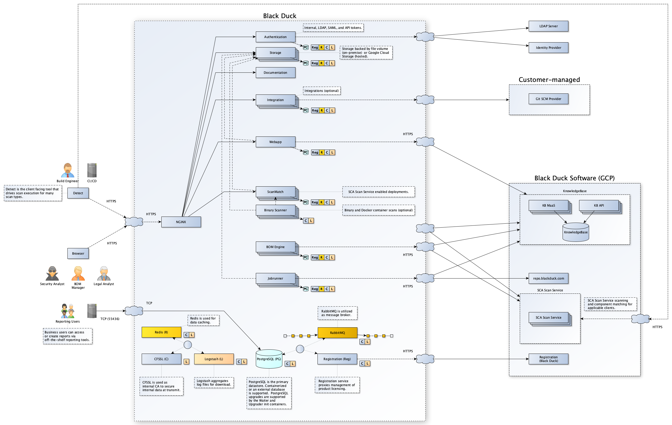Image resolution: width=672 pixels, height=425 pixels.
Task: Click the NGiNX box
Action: (x=181, y=222)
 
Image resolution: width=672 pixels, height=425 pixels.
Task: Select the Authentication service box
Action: (x=275, y=37)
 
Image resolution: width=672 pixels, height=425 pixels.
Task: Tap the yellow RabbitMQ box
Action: (x=337, y=333)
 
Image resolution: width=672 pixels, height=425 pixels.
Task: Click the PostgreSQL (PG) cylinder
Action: (x=269, y=359)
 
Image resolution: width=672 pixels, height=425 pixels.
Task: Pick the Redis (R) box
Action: (x=161, y=332)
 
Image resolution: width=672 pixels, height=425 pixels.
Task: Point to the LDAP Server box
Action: (x=548, y=26)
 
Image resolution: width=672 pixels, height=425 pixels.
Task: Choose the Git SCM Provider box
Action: (x=548, y=99)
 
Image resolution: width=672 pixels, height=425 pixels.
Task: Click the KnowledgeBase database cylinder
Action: (x=575, y=232)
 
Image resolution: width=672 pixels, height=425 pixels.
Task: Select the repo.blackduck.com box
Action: (x=548, y=279)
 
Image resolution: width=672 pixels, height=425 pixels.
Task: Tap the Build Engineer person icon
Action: (x=67, y=170)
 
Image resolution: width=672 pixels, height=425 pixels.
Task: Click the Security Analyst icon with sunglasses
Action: (x=52, y=273)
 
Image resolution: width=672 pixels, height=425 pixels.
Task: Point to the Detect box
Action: (x=78, y=193)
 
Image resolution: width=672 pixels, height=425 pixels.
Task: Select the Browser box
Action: (x=78, y=254)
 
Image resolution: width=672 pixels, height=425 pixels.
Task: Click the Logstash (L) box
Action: (x=214, y=359)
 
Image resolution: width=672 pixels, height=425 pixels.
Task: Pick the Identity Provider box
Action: (x=548, y=48)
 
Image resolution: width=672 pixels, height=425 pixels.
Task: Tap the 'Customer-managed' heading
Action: (x=549, y=80)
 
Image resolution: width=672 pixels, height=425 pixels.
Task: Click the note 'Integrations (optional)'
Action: (x=321, y=91)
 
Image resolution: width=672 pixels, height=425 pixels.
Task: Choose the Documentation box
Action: (x=275, y=73)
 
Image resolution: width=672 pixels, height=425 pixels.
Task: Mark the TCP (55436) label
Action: (x=110, y=319)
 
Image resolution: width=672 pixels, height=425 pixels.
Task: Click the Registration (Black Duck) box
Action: (x=548, y=359)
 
